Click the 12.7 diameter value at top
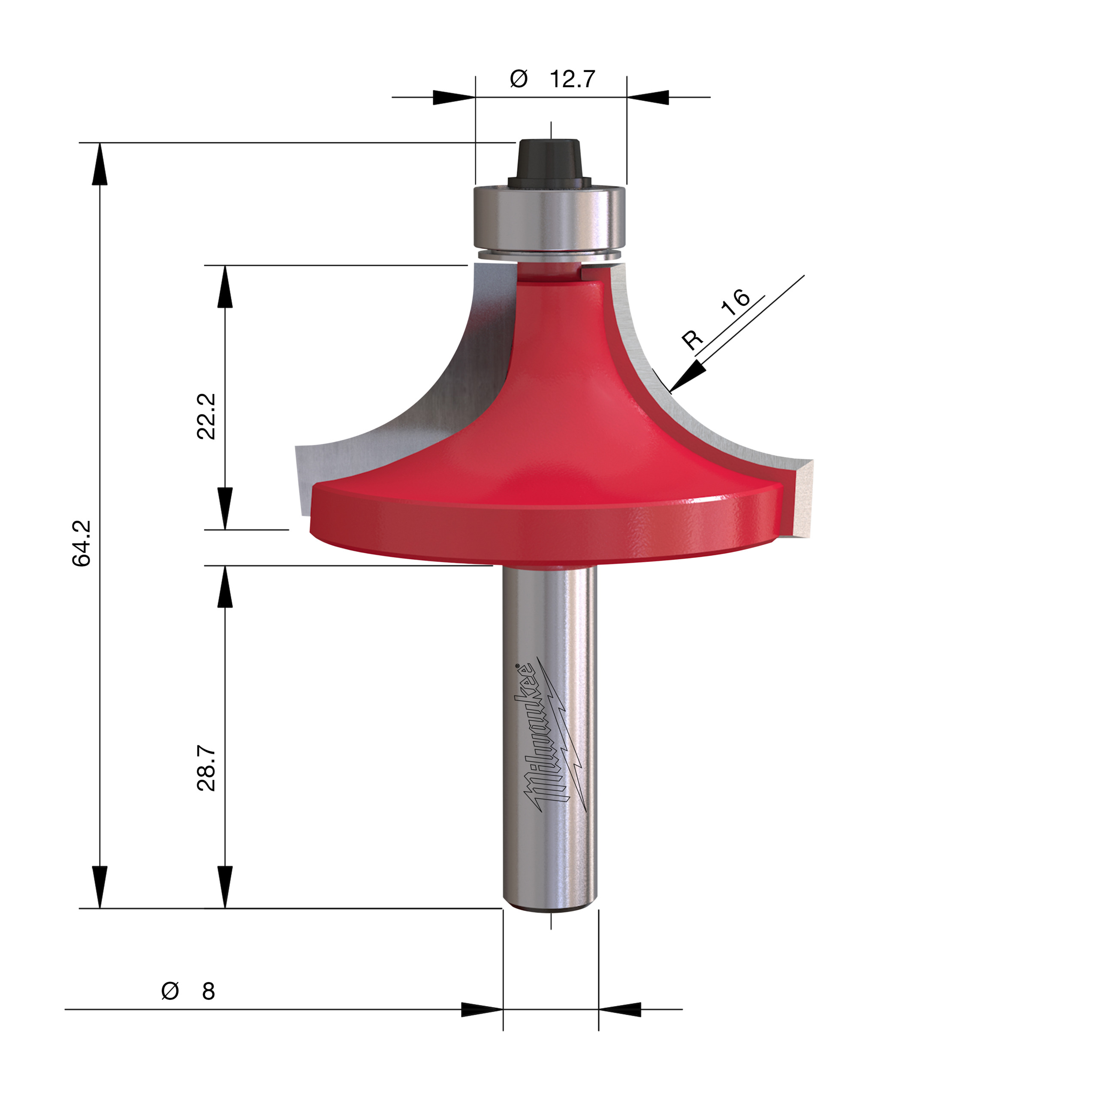[x=572, y=79]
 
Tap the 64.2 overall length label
[x=81, y=543]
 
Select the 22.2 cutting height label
[x=206, y=416]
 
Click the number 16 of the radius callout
[x=736, y=302]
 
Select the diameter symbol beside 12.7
[x=518, y=79]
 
